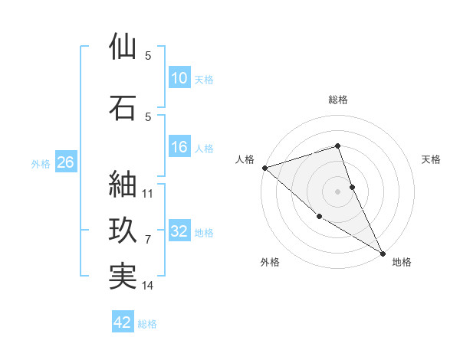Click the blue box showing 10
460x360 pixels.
click(x=179, y=78)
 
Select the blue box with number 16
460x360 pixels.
click(x=179, y=148)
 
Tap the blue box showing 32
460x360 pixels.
click(x=179, y=231)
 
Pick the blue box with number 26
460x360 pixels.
click(x=65, y=162)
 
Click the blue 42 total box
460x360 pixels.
click(x=123, y=322)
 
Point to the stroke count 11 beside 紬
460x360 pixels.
click(x=149, y=194)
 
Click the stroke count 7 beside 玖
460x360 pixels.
click(x=149, y=240)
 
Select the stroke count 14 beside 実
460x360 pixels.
click(x=149, y=286)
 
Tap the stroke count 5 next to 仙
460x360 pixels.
click(x=148, y=56)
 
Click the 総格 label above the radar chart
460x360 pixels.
click(x=337, y=100)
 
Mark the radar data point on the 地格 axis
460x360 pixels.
click(x=382, y=253)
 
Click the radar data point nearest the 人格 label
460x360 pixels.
click(x=264, y=168)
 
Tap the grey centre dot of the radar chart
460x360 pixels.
click(x=337, y=191)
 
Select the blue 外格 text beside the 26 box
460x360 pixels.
click(x=41, y=163)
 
